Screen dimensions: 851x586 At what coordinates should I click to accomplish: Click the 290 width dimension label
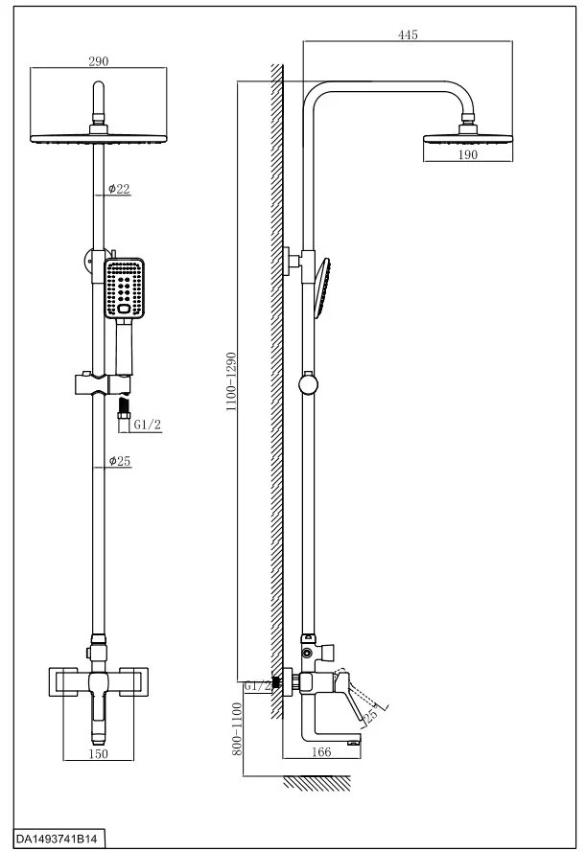(x=99, y=60)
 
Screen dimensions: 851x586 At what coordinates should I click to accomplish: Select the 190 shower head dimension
(x=467, y=156)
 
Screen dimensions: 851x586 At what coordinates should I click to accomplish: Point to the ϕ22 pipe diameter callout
(x=119, y=189)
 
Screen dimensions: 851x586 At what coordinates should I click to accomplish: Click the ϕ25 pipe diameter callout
(x=119, y=462)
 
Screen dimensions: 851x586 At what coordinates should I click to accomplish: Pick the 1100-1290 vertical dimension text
(x=230, y=381)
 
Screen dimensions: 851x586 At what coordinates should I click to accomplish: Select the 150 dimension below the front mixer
(x=99, y=754)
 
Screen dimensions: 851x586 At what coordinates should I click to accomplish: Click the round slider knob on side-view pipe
(x=307, y=385)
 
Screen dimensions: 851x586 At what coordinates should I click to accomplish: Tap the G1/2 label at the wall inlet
(x=256, y=686)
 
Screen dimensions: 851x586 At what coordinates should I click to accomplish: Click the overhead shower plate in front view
(x=99, y=136)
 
